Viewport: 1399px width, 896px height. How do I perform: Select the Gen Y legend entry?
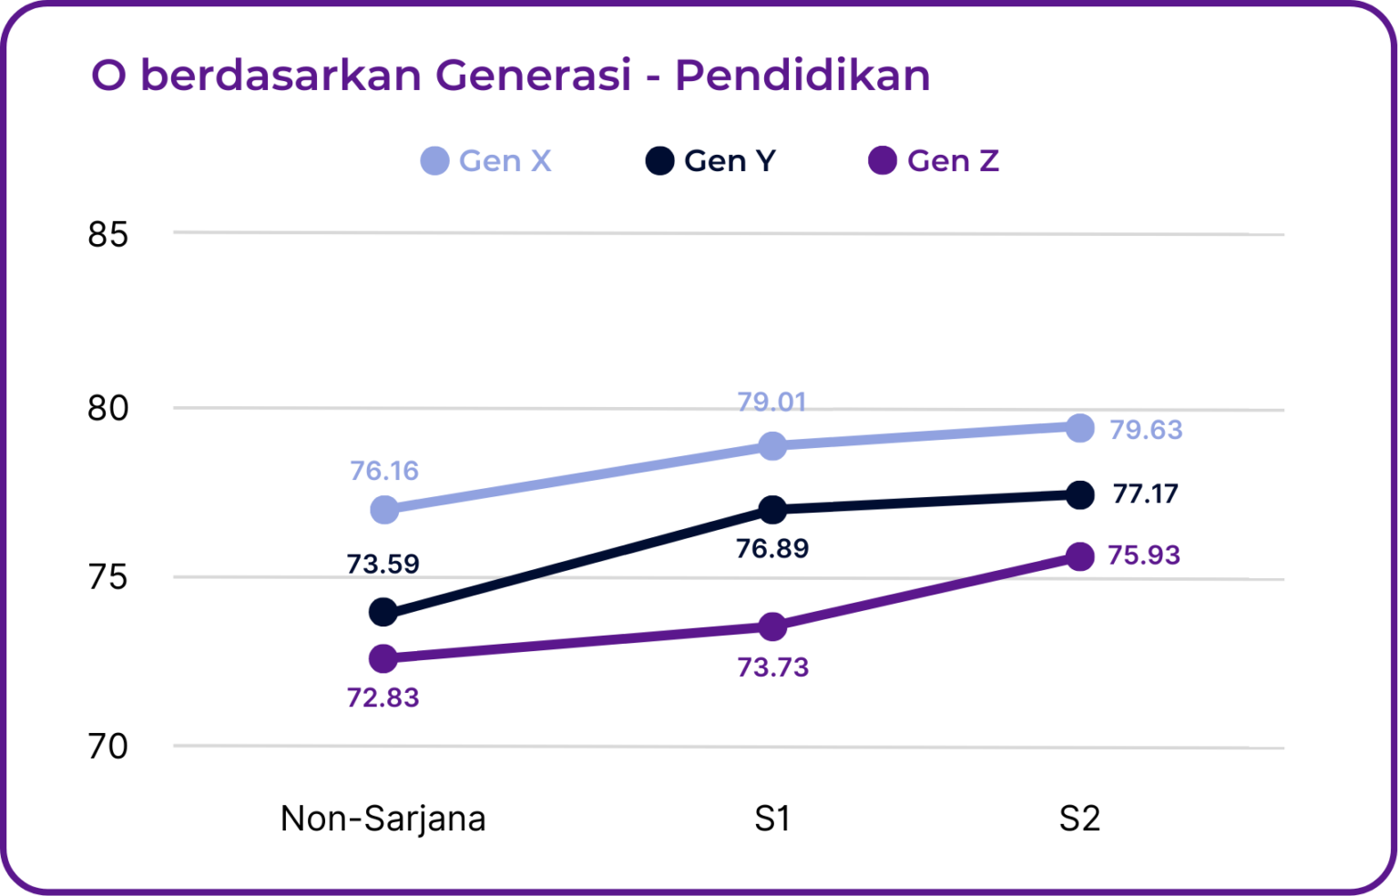pyautogui.click(x=711, y=161)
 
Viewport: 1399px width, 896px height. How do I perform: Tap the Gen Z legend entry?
pyautogui.click(x=934, y=161)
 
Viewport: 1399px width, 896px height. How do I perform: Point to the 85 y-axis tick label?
pyautogui.click(x=108, y=235)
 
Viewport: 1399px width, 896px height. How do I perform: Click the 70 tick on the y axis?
pyautogui.click(x=108, y=747)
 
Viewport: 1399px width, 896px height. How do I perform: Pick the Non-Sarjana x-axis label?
pyautogui.click(x=383, y=819)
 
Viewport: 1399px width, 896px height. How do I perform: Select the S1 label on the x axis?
pyautogui.click(x=772, y=819)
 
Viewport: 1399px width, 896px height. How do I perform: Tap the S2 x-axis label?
pyautogui.click(x=1079, y=819)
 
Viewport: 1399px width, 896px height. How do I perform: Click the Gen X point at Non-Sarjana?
pyautogui.click(x=384, y=509)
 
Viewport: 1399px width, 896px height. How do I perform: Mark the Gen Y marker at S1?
pyautogui.click(x=772, y=510)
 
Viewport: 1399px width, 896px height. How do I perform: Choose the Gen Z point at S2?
pyautogui.click(x=1080, y=556)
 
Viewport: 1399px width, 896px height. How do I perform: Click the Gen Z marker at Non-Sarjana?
pyautogui.click(x=383, y=657)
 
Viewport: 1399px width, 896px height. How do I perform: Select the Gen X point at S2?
pyautogui.click(x=1080, y=428)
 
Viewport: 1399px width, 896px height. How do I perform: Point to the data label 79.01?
pyautogui.click(x=772, y=402)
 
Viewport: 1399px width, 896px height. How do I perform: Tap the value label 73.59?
pyautogui.click(x=383, y=564)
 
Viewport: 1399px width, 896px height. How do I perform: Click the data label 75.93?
pyautogui.click(x=1144, y=555)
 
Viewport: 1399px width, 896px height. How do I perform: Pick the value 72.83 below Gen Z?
pyautogui.click(x=383, y=697)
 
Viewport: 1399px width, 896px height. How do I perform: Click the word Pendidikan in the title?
pyautogui.click(x=802, y=75)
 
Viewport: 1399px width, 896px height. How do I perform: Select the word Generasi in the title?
pyautogui.click(x=533, y=75)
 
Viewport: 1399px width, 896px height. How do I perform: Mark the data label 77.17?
pyautogui.click(x=1145, y=494)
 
